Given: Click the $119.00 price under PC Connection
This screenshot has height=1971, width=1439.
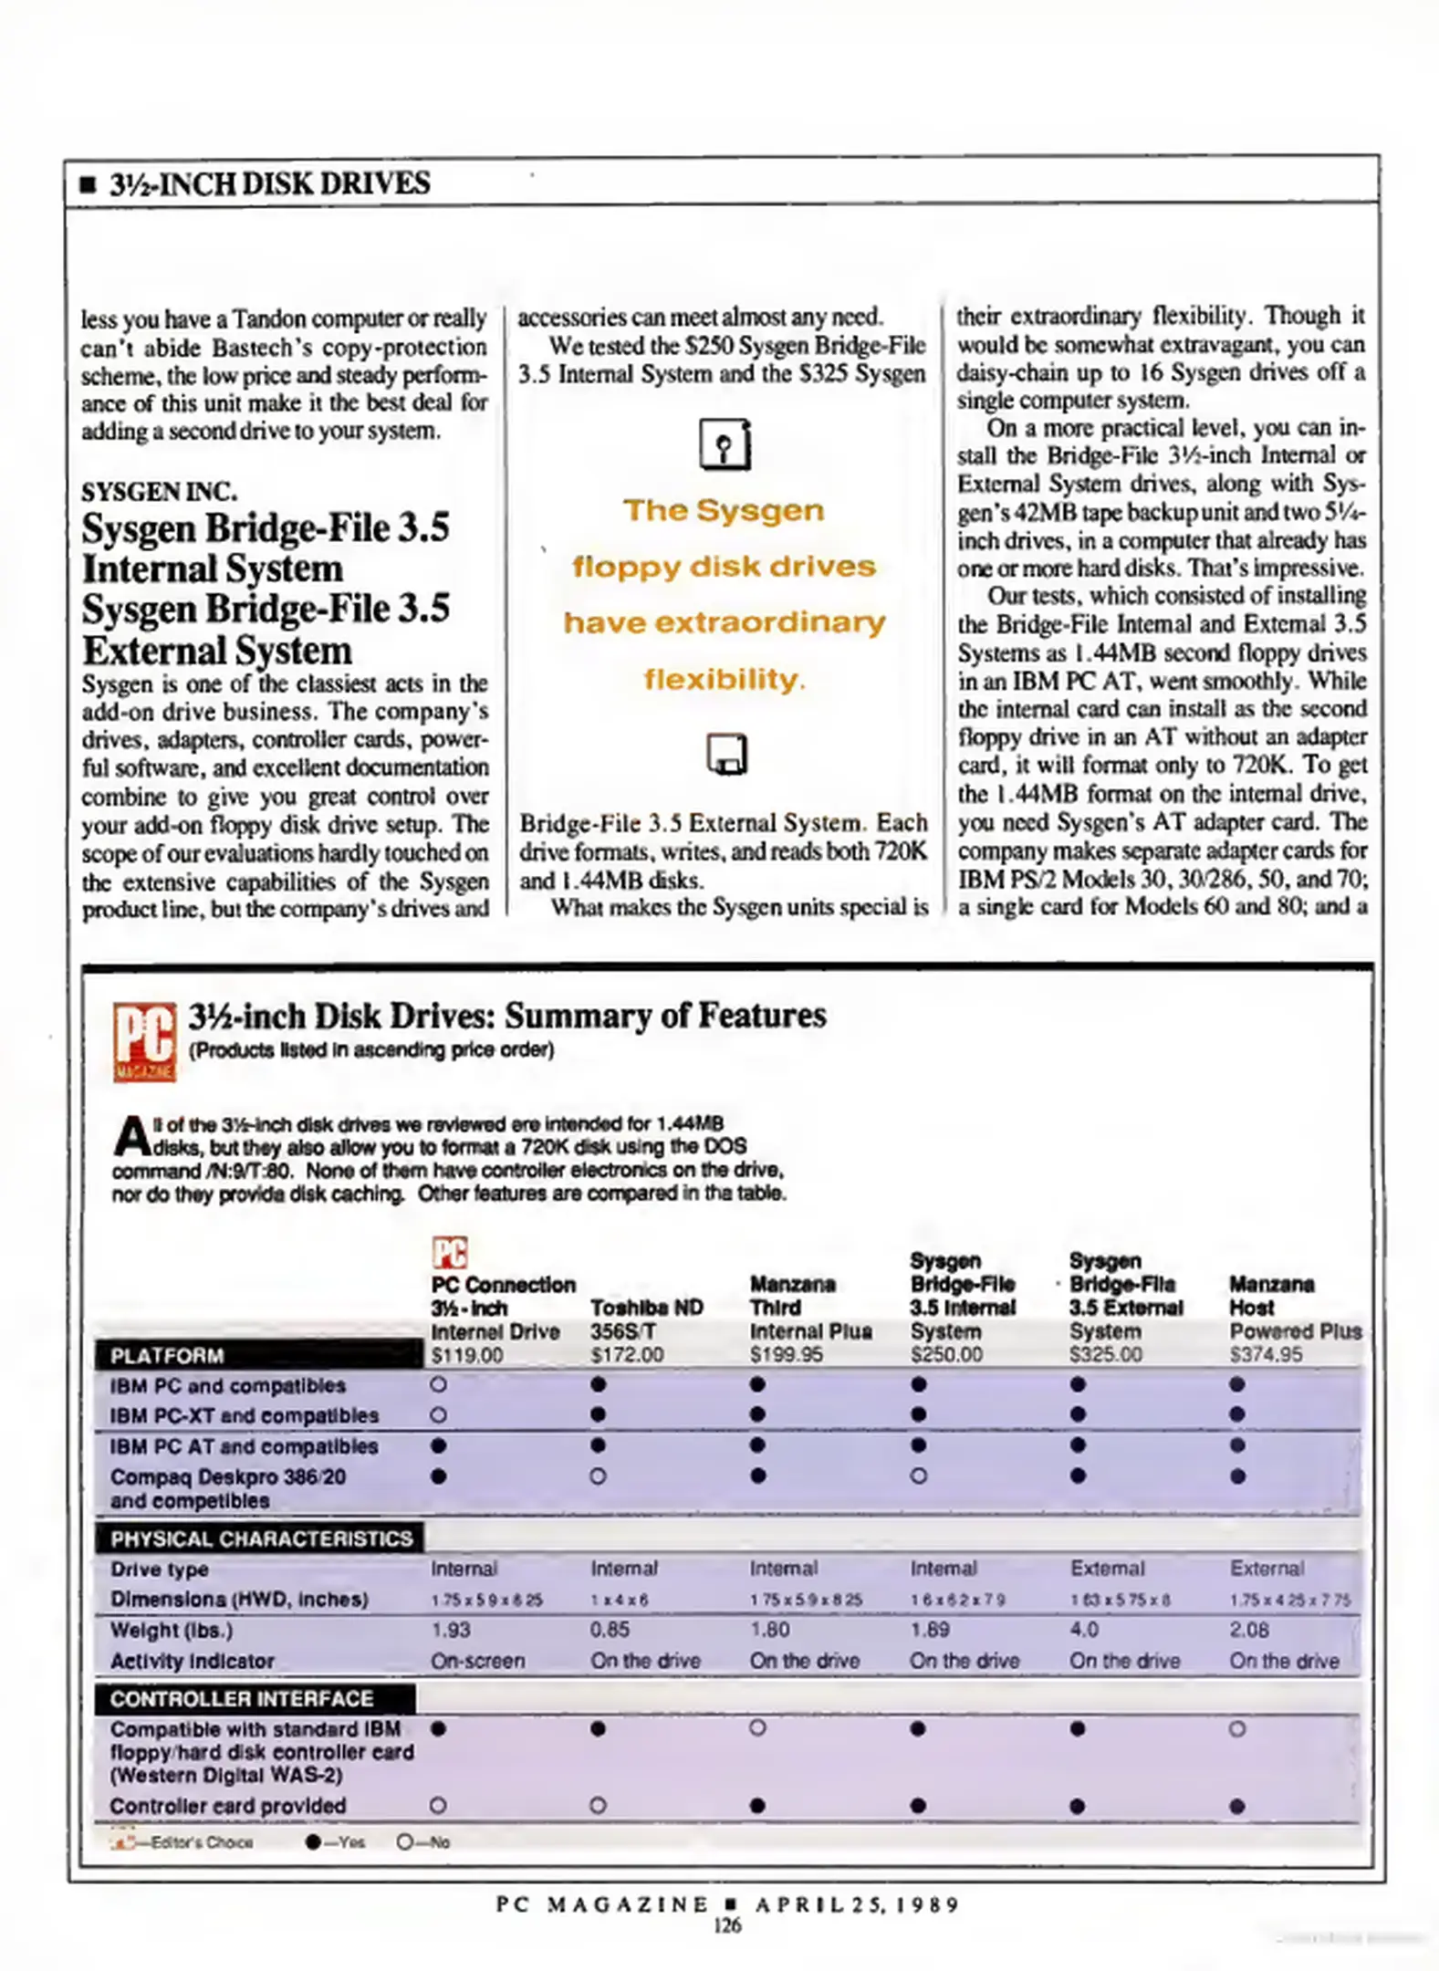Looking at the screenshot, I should tap(466, 1355).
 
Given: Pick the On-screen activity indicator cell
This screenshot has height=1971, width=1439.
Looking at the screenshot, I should tap(477, 1661).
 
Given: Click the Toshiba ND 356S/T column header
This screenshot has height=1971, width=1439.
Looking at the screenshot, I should tap(646, 1319).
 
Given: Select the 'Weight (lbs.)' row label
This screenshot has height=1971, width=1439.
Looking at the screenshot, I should tap(171, 1630).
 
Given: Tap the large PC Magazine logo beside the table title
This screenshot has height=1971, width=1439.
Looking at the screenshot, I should tap(144, 1041).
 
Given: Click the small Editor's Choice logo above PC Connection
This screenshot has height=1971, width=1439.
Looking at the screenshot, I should tap(449, 1253).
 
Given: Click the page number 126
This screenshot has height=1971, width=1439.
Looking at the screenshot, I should tap(727, 1925).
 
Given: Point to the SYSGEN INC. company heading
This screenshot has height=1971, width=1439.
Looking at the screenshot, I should tap(159, 492).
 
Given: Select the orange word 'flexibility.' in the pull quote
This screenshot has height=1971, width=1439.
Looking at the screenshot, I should tap(724, 679).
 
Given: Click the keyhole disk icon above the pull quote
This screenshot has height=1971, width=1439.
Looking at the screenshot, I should tap(725, 444).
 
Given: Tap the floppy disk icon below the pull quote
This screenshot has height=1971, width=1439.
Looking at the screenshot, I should tap(726, 755).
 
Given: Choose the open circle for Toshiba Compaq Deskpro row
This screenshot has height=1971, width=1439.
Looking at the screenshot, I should tap(598, 1476).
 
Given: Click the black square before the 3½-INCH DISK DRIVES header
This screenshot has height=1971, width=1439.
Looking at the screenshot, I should tap(88, 185).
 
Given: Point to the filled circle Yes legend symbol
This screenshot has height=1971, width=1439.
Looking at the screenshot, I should tap(313, 1842).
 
